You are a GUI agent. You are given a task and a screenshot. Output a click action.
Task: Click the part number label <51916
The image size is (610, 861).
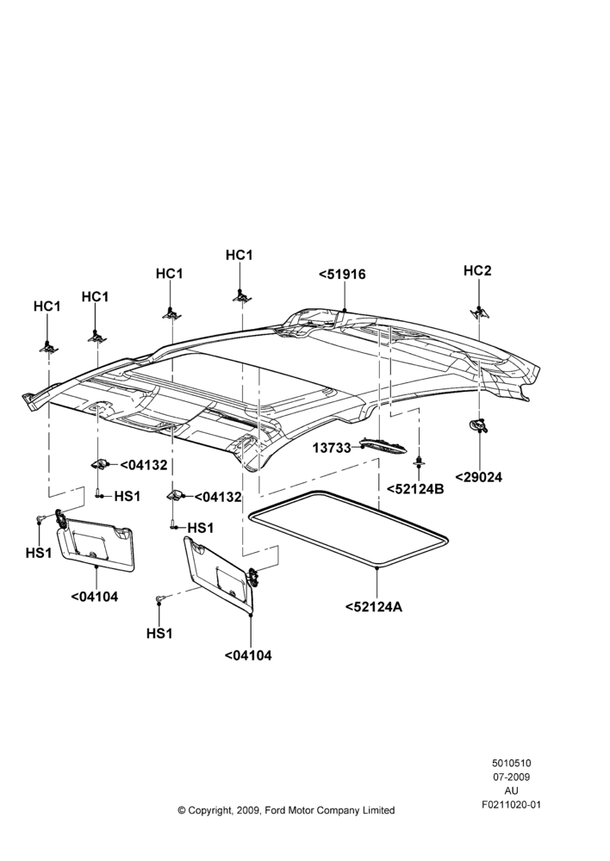coord(342,274)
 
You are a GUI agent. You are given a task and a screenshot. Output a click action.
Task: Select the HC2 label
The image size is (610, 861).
coord(477,270)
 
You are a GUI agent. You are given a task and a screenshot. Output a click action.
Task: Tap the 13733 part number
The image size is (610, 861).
coord(332,448)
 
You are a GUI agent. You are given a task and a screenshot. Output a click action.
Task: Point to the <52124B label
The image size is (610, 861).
coord(415,489)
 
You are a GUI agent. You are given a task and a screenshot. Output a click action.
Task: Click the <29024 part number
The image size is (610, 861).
coord(479,477)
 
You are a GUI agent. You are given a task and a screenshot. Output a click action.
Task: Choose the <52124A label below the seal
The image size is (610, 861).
coord(374,607)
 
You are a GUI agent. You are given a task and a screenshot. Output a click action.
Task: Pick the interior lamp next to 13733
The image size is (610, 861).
coord(383,445)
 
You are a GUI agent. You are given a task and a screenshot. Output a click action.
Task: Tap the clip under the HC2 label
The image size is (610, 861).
coord(480,313)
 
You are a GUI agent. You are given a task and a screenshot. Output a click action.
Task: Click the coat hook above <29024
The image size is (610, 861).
coord(479,424)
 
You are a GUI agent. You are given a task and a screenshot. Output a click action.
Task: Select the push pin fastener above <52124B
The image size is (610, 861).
coord(420,461)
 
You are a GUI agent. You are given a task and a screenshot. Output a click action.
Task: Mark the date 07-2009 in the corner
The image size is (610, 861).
coord(511,777)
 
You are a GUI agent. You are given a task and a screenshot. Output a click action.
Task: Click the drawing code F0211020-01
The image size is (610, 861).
coord(511,805)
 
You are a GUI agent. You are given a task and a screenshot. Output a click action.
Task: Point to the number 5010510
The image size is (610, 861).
coord(511,763)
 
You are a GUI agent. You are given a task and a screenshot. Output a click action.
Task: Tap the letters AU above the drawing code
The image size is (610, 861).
coord(511,791)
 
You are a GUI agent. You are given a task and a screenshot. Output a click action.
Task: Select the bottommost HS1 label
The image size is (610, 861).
coord(159,633)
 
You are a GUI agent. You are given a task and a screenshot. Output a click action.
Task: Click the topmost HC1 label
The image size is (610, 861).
coord(239,256)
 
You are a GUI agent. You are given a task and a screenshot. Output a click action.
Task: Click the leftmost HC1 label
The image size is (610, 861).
coord(47,307)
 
